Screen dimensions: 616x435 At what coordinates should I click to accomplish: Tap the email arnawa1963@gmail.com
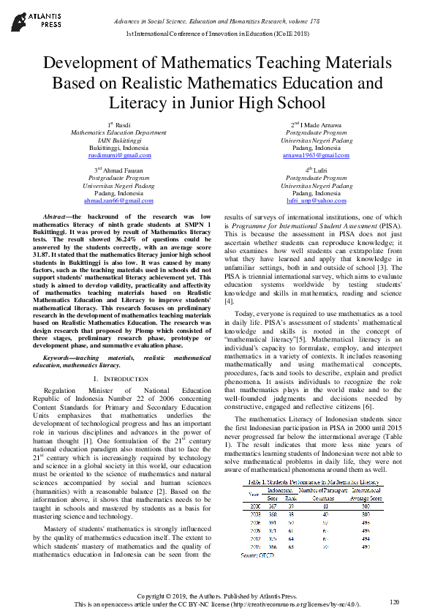[x=315, y=156]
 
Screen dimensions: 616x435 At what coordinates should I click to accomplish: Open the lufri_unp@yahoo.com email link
[x=316, y=200]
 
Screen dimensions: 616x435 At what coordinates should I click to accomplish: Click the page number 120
[x=394, y=601]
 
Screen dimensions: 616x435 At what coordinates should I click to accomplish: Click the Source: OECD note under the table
[x=259, y=556]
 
